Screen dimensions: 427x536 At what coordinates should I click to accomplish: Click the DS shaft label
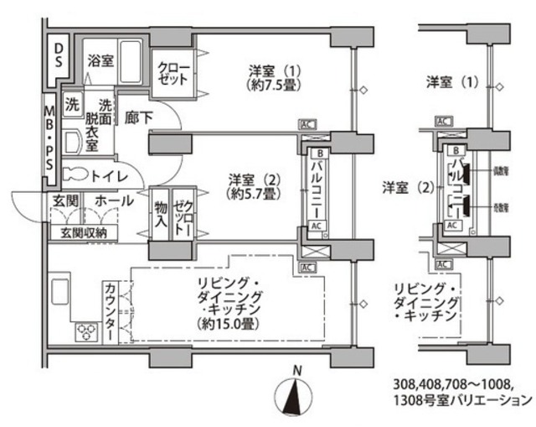click(58, 56)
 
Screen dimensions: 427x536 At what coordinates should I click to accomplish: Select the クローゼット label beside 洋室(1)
click(173, 73)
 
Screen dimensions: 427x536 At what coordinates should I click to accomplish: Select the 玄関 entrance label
click(65, 201)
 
